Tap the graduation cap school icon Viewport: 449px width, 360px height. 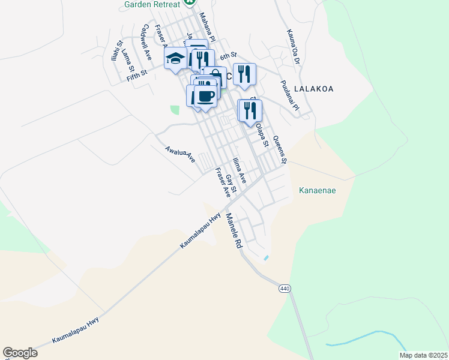point(175,58)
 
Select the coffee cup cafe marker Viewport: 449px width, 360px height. point(205,96)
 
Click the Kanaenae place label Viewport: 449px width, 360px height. point(317,191)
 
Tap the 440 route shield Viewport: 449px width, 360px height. point(285,289)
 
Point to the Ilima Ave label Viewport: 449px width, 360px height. point(240,170)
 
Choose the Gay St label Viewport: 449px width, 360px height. point(232,184)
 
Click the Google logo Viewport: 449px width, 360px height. point(20,353)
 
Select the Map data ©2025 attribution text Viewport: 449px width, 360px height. point(423,355)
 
